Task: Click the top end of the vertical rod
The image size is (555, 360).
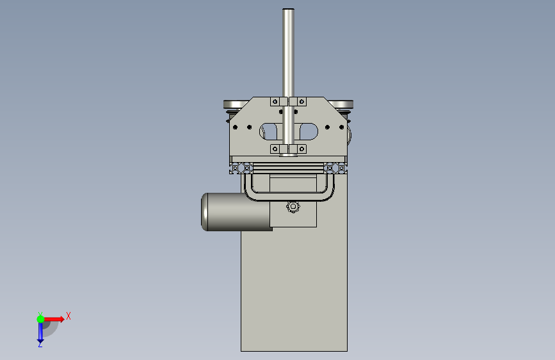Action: pyautogui.click(x=289, y=9)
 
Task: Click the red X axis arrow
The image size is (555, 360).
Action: pyautogui.click(x=54, y=319)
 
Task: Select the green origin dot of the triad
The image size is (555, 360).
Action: pyautogui.click(x=40, y=319)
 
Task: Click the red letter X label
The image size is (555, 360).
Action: pyautogui.click(x=68, y=316)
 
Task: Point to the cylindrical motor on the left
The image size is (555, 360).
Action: pyautogui.click(x=236, y=212)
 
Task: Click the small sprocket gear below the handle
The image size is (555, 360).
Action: pyautogui.click(x=293, y=206)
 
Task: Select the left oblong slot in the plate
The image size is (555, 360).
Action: pyautogui.click(x=268, y=131)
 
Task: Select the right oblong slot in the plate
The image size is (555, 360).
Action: pyautogui.click(x=309, y=131)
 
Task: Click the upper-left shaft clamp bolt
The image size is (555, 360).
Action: pyautogui.click(x=275, y=102)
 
